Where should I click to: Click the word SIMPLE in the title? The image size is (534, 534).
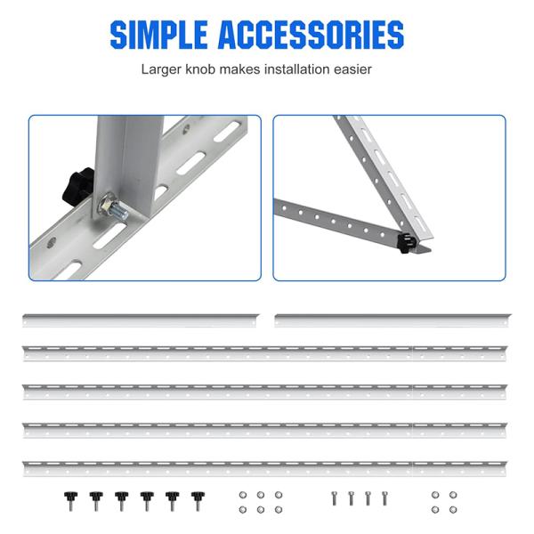158,35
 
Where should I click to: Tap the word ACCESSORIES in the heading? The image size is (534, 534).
311,35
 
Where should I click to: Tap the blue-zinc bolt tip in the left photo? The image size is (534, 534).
119,210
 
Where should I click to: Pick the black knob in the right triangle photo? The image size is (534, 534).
406,242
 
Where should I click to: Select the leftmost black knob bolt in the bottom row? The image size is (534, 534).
70,501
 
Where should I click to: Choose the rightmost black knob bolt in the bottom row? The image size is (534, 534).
198,501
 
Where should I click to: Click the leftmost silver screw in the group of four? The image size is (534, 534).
334,499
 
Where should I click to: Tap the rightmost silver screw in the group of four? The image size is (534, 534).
384,499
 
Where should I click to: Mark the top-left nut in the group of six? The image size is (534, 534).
243,495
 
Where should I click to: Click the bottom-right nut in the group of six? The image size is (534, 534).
279,509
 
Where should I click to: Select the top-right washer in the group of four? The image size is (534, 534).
453,495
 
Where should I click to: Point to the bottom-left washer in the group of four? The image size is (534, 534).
435,509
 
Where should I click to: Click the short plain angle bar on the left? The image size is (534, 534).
141,320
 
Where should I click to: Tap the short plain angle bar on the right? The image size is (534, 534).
392,320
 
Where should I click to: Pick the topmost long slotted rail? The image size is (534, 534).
265,353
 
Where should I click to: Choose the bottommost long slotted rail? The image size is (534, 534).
265,469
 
